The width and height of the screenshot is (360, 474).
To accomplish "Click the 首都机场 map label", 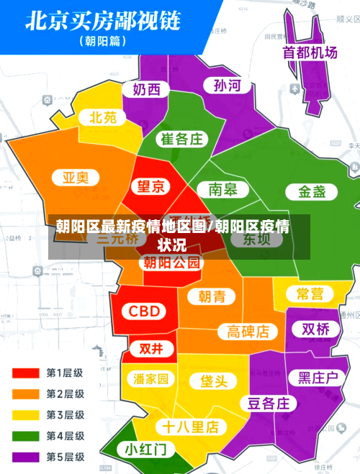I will (310, 53).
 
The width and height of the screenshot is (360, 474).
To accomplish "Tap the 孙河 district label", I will (227, 86).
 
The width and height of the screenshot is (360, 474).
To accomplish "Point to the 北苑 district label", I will (102, 117).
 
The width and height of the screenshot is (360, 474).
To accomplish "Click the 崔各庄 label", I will (181, 139).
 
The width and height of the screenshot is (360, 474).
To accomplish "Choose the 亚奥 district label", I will (75, 177).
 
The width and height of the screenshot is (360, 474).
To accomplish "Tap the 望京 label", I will (151, 187).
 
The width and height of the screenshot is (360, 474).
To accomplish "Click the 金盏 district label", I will (307, 191).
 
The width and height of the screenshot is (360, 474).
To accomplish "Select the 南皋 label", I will (223, 189).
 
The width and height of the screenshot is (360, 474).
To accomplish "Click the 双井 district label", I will (151, 349).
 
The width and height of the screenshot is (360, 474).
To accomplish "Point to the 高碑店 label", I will (248, 331).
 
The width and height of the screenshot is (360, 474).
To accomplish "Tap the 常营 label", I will (310, 293).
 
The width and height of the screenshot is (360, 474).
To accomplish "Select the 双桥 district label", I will (315, 329).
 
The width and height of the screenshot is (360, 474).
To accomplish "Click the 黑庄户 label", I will (318, 377).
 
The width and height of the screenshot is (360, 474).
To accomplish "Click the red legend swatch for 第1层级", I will (25, 373).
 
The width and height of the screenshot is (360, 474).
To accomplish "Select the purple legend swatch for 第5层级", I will (25, 456).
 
